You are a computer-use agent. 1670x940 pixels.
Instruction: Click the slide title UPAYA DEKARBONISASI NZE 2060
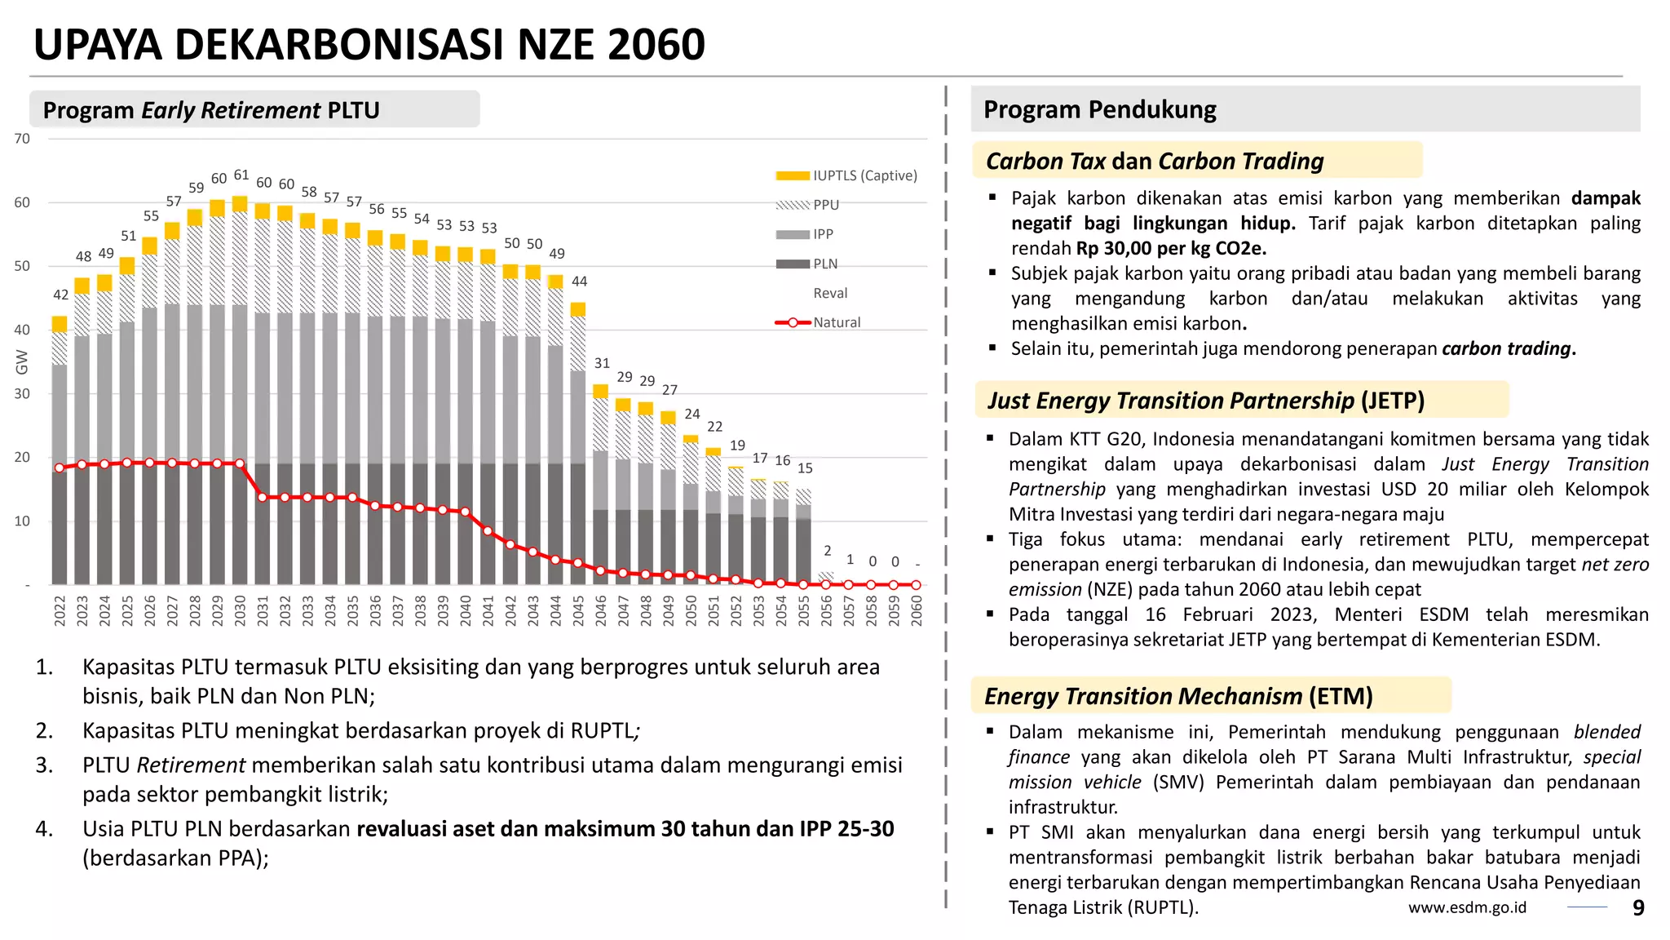click(x=369, y=45)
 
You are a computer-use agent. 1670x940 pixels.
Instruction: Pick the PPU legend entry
click(x=825, y=205)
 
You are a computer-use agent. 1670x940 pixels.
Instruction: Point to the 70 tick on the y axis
click(x=22, y=139)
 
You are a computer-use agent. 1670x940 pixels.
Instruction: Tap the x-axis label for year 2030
click(x=240, y=610)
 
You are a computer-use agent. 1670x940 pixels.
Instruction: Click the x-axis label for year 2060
click(x=917, y=610)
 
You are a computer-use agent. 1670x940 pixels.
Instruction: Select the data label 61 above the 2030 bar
click(x=241, y=175)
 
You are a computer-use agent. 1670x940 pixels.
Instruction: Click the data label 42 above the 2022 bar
click(x=60, y=295)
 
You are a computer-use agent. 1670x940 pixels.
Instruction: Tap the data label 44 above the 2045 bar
click(x=579, y=282)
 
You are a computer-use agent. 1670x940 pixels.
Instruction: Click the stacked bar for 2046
click(x=601, y=490)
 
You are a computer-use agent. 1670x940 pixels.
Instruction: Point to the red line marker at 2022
click(x=59, y=468)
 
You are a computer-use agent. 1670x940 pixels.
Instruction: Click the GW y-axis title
click(x=22, y=362)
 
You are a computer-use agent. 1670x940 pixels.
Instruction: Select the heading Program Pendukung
click(x=1099, y=109)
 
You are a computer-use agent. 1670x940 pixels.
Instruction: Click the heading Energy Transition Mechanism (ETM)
click(x=1177, y=696)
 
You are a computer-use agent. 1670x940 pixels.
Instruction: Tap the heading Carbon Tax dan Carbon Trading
click(x=1154, y=161)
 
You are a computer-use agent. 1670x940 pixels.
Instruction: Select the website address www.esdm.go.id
click(x=1467, y=907)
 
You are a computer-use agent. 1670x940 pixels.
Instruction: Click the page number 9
click(x=1638, y=907)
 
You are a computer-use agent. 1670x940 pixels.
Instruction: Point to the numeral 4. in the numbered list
click(x=44, y=829)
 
